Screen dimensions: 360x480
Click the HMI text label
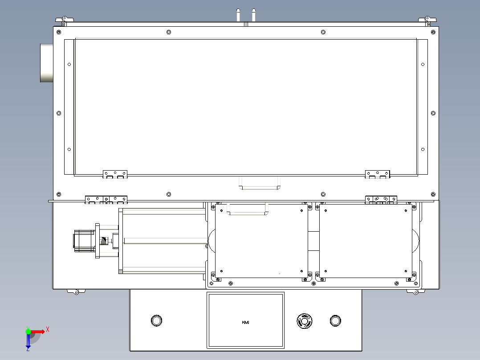tap(245, 322)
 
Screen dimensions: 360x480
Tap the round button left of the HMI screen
tap(157, 320)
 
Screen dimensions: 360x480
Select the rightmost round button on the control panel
tap(335, 320)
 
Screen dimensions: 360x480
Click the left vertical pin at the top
tap(238, 15)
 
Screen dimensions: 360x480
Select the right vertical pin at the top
tap(254, 15)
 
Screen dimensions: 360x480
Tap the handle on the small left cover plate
tap(248, 209)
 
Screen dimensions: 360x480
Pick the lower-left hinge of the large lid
tap(115, 174)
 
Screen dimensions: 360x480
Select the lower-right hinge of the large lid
tap(378, 174)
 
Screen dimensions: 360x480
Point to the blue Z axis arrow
tap(28, 341)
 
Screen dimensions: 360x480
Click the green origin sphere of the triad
tap(28, 331)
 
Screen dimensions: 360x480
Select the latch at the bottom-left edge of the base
tap(73, 291)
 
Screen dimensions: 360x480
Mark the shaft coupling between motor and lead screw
tap(104, 241)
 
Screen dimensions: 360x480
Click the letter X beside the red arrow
tap(48, 329)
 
